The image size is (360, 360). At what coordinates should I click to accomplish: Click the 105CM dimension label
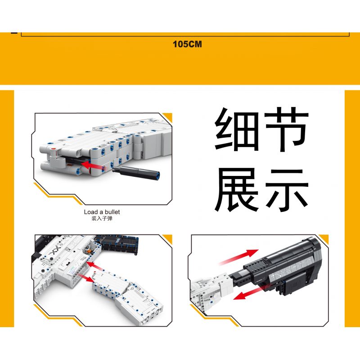[187, 44]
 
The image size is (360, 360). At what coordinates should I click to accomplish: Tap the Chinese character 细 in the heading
[238, 129]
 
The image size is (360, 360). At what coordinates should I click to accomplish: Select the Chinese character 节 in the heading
[286, 129]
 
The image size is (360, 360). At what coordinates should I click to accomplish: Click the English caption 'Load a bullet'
[102, 212]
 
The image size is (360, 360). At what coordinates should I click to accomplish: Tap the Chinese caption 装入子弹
[102, 218]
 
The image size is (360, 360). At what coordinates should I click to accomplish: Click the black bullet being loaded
[136, 172]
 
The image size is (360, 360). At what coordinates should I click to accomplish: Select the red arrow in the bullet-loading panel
[94, 166]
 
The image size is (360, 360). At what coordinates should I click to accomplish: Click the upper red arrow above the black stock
[239, 256]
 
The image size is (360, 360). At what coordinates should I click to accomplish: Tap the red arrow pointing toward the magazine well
[96, 266]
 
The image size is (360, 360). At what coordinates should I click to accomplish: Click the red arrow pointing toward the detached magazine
[86, 277]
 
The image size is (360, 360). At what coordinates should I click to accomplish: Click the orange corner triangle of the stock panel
[324, 239]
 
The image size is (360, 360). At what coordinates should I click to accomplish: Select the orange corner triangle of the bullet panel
[168, 117]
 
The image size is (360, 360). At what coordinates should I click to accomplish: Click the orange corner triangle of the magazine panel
[168, 239]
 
